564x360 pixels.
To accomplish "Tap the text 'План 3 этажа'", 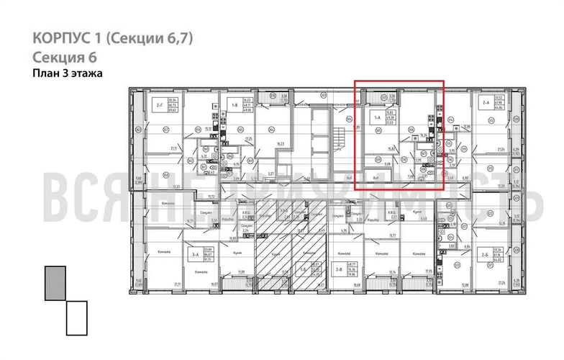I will click(68, 73).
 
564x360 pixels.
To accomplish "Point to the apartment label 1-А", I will click(376, 115).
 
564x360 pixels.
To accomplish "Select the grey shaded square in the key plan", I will click(55, 283).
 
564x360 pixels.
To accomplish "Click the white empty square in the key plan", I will click(76, 318).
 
